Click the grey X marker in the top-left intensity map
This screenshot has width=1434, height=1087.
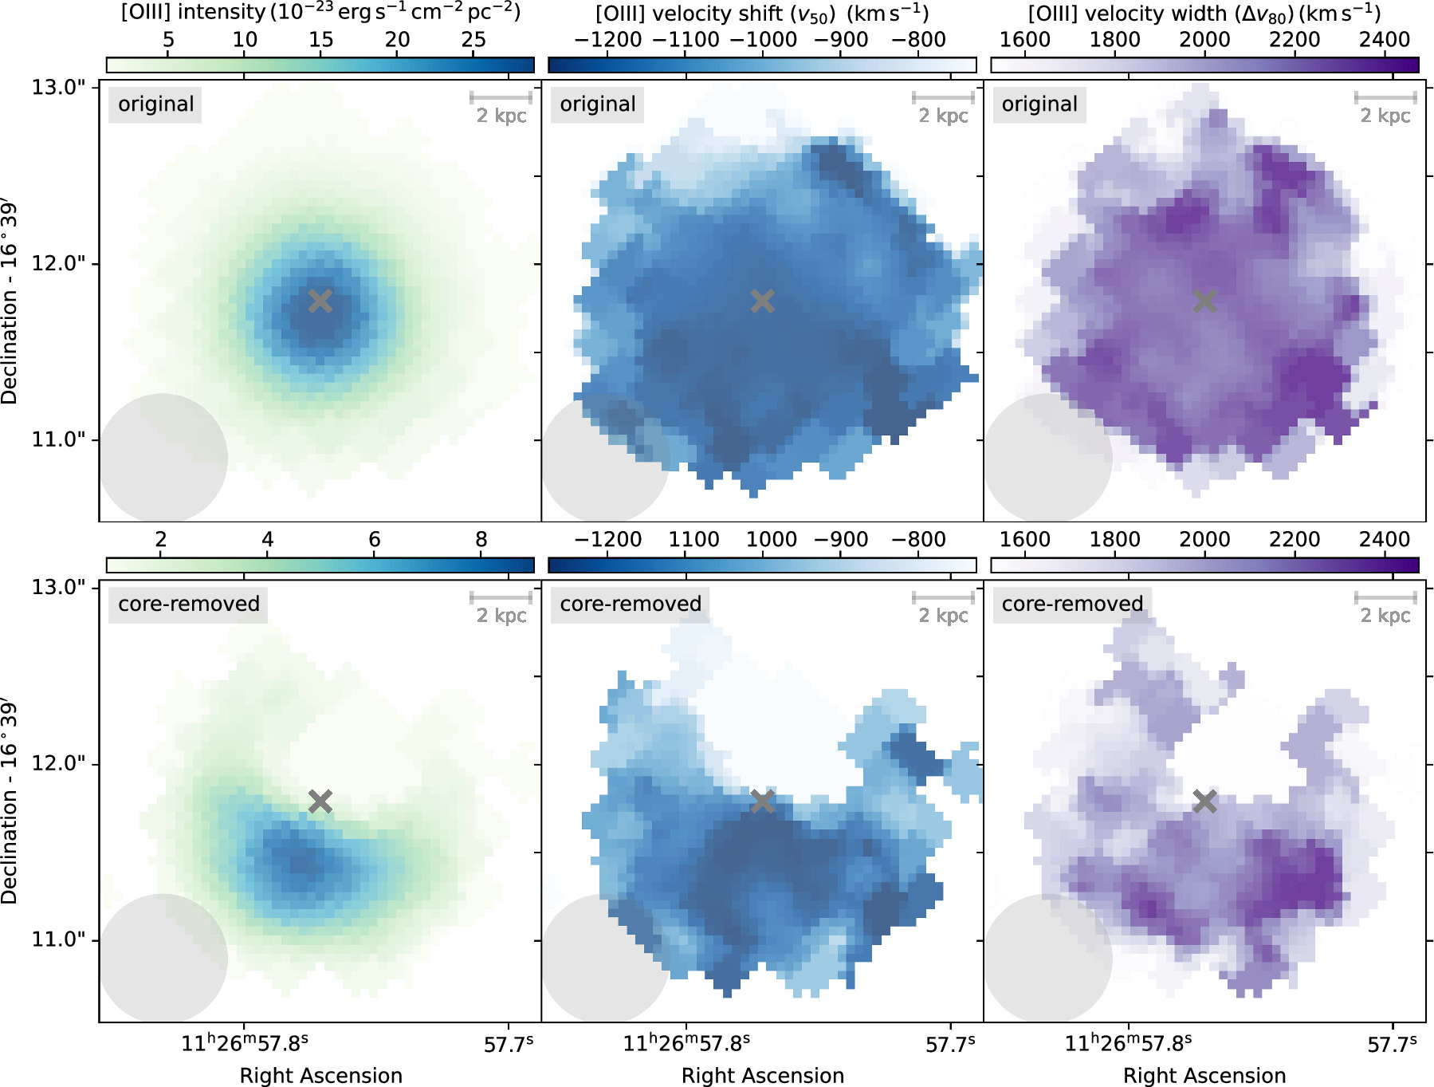[320, 301]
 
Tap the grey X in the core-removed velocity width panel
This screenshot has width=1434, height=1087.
[1204, 801]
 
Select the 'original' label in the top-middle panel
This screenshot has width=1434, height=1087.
[597, 104]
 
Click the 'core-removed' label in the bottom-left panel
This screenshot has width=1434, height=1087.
[189, 604]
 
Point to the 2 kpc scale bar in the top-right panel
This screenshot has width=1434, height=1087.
[1385, 98]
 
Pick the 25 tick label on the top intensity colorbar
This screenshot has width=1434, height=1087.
[473, 40]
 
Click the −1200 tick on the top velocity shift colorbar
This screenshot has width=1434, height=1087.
[607, 40]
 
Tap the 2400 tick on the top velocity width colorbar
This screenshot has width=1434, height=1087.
[1385, 40]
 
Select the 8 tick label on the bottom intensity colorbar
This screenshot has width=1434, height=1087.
[481, 540]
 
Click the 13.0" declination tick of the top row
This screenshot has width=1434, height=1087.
[58, 87]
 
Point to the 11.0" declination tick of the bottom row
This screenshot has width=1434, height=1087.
[58, 939]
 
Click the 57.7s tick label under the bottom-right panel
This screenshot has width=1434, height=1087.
[1392, 1044]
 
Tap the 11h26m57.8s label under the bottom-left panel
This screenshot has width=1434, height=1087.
[244, 1043]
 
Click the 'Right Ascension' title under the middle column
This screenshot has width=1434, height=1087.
[762, 1075]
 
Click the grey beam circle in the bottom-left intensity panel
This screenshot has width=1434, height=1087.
[163, 958]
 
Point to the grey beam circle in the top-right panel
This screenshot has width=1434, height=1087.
[1047, 458]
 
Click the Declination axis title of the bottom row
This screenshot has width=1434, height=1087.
[10, 801]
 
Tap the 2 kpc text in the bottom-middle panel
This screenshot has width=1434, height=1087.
[943, 616]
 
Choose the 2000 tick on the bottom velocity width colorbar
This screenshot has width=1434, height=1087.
[1204, 540]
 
